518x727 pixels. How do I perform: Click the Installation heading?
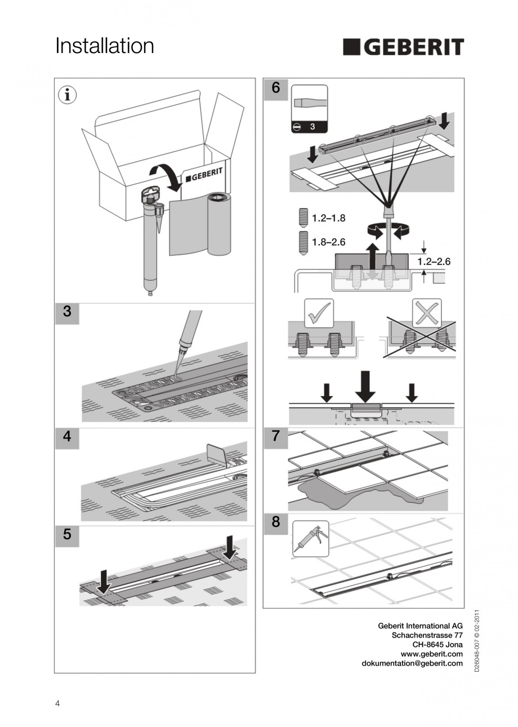[105, 46]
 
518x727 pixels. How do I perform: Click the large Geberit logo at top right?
[403, 47]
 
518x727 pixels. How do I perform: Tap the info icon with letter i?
[67, 95]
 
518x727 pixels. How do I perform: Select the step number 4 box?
[67, 437]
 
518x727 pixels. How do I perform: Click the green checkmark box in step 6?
[319, 313]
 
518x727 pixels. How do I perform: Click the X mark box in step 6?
[427, 313]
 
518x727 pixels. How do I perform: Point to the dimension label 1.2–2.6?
[434, 261]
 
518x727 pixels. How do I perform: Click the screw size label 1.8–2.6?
[329, 242]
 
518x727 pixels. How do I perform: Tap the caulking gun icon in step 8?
[311, 538]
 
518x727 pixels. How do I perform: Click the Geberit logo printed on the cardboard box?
[204, 175]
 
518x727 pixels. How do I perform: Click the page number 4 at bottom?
[57, 703]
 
